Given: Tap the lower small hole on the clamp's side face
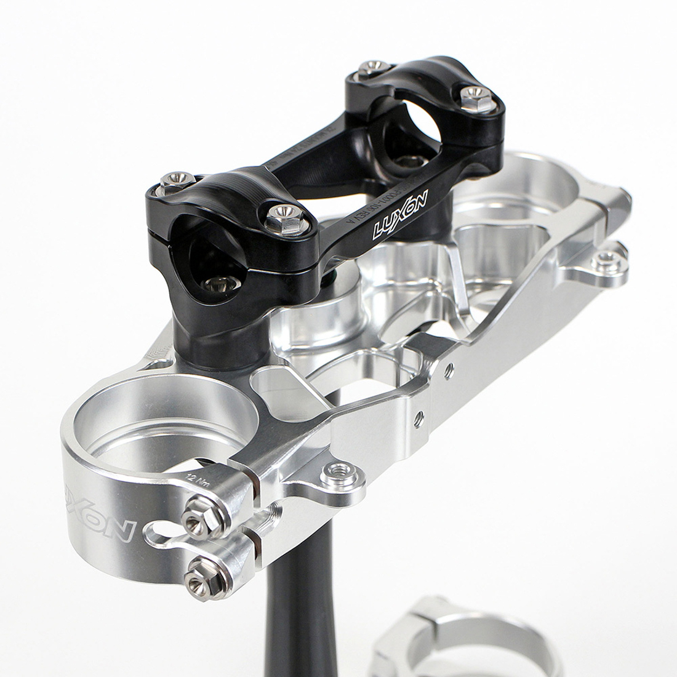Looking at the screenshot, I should [x=420, y=416].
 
